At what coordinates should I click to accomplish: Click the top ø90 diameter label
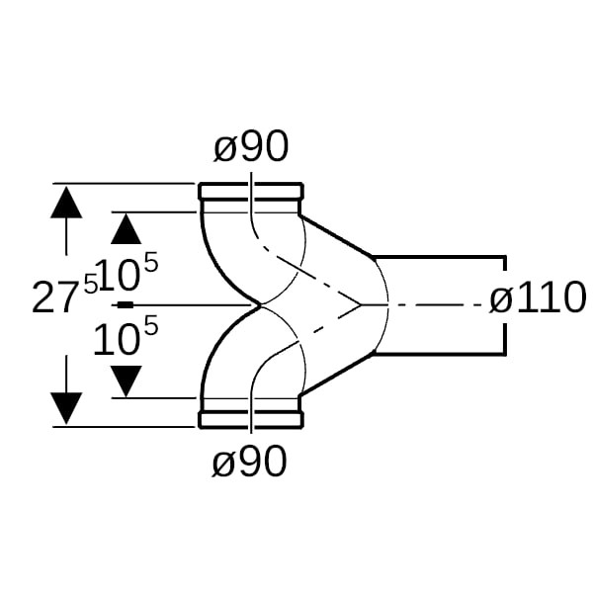click(251, 148)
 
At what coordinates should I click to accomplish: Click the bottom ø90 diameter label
click(251, 462)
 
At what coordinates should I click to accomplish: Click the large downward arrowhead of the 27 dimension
click(66, 406)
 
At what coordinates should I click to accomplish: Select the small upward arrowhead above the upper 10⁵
click(126, 229)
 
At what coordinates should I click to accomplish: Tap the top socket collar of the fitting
click(250, 191)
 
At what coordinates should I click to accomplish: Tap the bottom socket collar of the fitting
click(250, 420)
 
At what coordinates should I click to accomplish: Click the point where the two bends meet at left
click(259, 305)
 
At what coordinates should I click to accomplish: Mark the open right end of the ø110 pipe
click(506, 304)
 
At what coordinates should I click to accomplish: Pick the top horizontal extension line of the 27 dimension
click(128, 184)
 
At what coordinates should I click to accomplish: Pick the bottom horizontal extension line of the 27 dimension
click(128, 427)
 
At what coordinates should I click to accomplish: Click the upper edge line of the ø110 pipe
click(440, 257)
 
